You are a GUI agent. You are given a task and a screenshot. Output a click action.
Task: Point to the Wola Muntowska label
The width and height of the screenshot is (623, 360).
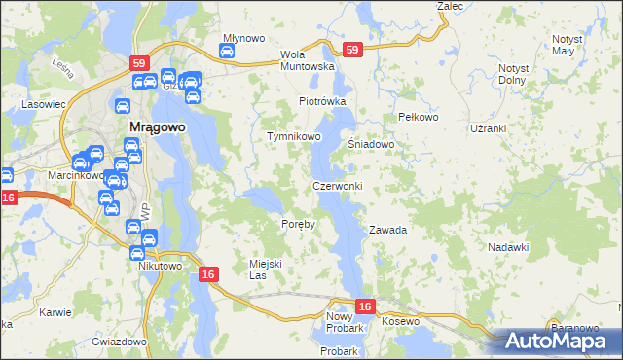pos(307,60)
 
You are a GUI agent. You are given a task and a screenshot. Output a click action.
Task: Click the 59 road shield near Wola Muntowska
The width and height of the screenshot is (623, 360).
pos(352,49)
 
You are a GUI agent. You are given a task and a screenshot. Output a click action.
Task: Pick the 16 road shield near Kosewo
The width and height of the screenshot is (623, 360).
pos(364,306)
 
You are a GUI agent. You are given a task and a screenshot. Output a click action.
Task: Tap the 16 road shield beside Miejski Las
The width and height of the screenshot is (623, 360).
pos(208,275)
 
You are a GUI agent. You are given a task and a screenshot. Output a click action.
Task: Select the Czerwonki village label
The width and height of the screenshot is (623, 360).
pos(338,186)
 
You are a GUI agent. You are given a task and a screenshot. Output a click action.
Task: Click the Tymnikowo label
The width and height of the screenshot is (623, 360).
pos(294,137)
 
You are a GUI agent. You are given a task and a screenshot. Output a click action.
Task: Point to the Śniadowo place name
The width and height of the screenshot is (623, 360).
pos(371,144)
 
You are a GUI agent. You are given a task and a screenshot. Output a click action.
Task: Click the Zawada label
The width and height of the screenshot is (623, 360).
pos(386,231)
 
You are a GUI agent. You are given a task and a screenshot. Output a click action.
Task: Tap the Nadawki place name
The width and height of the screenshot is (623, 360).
pos(508,247)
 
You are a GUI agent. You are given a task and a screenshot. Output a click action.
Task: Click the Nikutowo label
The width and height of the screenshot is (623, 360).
pos(161,266)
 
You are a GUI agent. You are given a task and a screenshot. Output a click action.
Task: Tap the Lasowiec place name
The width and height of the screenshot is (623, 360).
pos(44,103)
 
